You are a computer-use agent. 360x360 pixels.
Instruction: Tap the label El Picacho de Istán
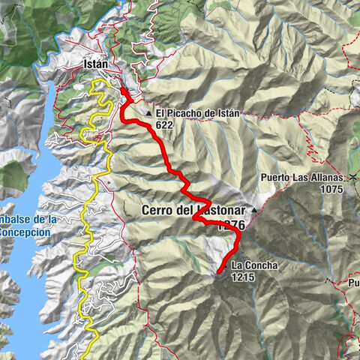pyautogui.click(x=197, y=114)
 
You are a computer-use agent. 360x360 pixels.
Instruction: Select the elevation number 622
pyautogui.click(x=166, y=125)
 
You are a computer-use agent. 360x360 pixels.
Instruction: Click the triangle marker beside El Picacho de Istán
pyautogui.click(x=150, y=114)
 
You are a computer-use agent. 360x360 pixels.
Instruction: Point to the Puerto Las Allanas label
pyautogui.click(x=301, y=178)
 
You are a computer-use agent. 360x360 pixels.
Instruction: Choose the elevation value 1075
pyautogui.click(x=328, y=189)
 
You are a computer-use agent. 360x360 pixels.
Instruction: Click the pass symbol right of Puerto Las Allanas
pyautogui.click(x=351, y=177)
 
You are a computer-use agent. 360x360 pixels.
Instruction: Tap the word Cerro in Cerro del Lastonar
pyautogui.click(x=157, y=211)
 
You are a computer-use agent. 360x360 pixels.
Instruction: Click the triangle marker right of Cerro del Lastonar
pyautogui.click(x=254, y=209)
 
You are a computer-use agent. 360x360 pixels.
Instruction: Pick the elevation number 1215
pyautogui.click(x=244, y=277)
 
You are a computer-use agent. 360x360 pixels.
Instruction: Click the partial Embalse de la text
pyautogui.click(x=28, y=219)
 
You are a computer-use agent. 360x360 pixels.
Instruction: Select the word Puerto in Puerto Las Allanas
pyautogui.click(x=276, y=178)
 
